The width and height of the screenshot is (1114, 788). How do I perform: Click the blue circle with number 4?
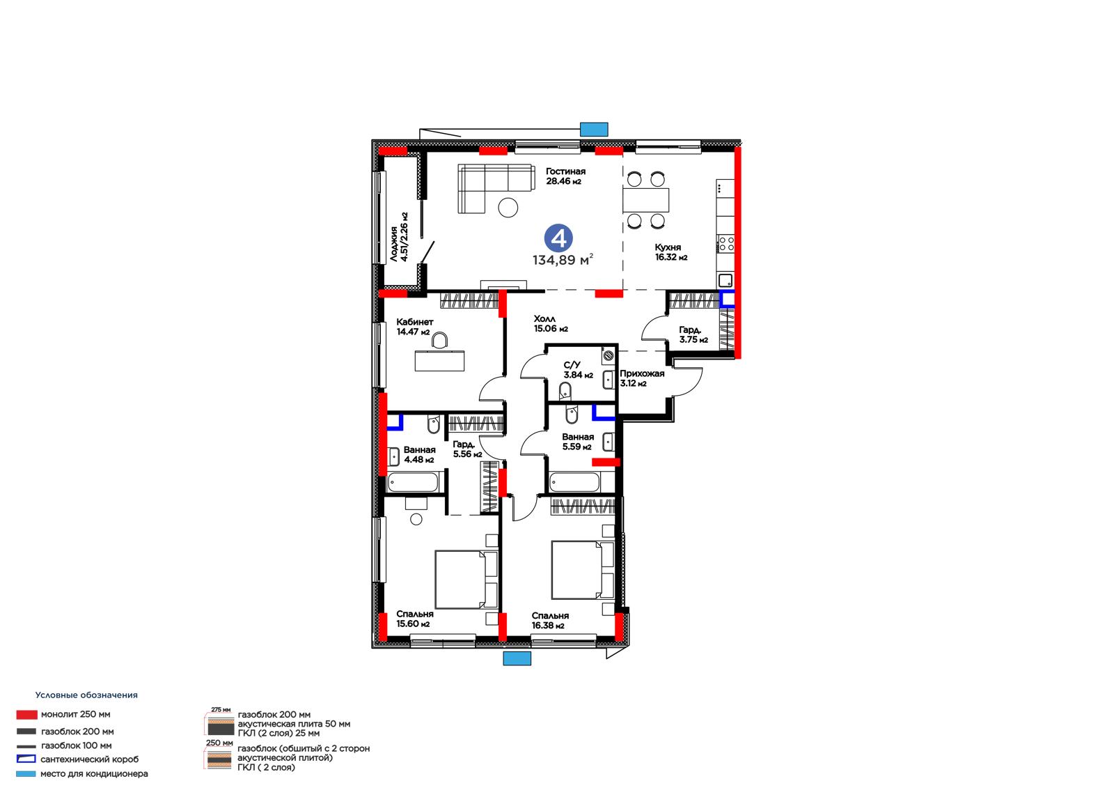click(558, 238)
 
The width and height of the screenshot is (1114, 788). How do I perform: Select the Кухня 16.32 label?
click(670, 252)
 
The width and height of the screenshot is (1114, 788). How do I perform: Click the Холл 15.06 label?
click(551, 323)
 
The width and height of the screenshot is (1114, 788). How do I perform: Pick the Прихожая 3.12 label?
click(641, 378)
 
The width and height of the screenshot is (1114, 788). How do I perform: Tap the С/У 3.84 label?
click(578, 370)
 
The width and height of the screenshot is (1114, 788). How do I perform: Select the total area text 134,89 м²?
click(563, 259)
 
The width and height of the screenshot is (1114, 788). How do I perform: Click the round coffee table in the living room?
click(508, 208)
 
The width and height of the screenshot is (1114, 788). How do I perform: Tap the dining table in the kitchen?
click(645, 200)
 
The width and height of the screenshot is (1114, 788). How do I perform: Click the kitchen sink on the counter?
click(725, 280)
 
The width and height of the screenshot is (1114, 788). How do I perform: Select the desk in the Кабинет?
click(439, 360)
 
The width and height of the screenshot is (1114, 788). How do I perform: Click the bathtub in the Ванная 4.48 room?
click(413, 482)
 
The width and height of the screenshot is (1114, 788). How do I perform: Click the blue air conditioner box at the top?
click(594, 130)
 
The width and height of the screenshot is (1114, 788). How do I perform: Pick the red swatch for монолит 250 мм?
click(27, 714)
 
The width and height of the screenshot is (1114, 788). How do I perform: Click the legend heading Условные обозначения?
click(86, 695)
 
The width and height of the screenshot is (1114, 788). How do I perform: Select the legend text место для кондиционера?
click(94, 773)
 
